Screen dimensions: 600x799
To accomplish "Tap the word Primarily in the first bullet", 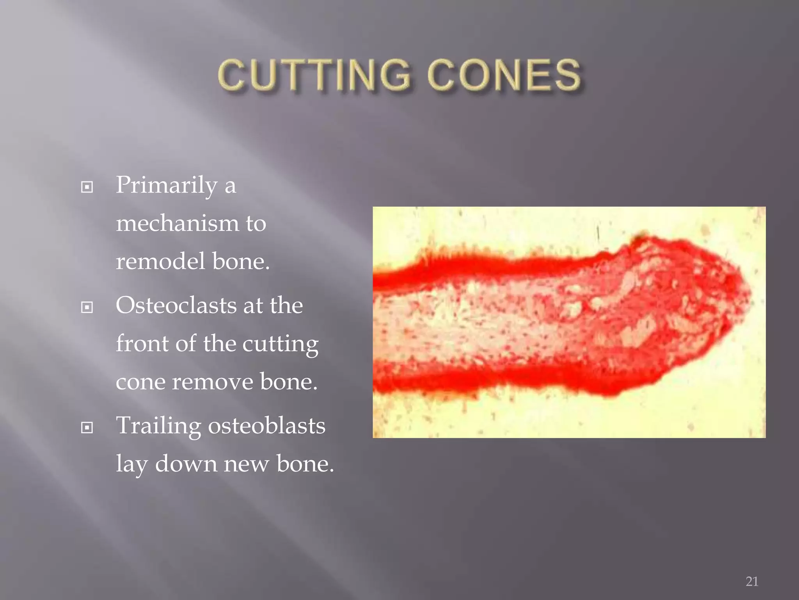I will [167, 185].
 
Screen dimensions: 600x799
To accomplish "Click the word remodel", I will [160, 261].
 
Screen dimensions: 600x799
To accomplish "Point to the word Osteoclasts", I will [176, 305].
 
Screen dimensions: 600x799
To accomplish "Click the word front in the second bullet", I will [142, 343].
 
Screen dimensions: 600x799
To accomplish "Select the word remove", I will [212, 382].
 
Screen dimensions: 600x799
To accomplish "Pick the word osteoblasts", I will [266, 425].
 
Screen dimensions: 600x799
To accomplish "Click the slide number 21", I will [752, 581].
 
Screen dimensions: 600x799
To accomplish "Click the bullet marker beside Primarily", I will [87, 187].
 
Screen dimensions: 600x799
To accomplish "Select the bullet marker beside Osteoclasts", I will [87, 307].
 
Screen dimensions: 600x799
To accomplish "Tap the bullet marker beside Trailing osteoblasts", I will [87, 428].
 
